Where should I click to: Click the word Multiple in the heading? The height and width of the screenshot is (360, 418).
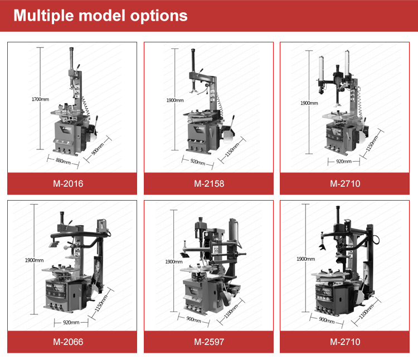coord(43,16)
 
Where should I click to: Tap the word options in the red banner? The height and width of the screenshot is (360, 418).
coord(159,16)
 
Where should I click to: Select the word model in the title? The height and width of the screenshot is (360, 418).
coord(102,16)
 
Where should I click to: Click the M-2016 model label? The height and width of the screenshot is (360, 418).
coord(68,183)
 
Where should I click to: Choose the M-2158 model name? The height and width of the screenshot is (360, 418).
coord(209,183)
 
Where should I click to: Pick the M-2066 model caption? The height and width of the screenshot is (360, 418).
coord(68,342)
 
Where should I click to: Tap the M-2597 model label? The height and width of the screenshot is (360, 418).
coord(209,342)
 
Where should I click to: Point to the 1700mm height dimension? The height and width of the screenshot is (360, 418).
coord(40,99)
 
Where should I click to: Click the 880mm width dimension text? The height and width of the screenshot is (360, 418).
coord(63,161)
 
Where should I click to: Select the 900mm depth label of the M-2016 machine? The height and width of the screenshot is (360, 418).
coord(98,149)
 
